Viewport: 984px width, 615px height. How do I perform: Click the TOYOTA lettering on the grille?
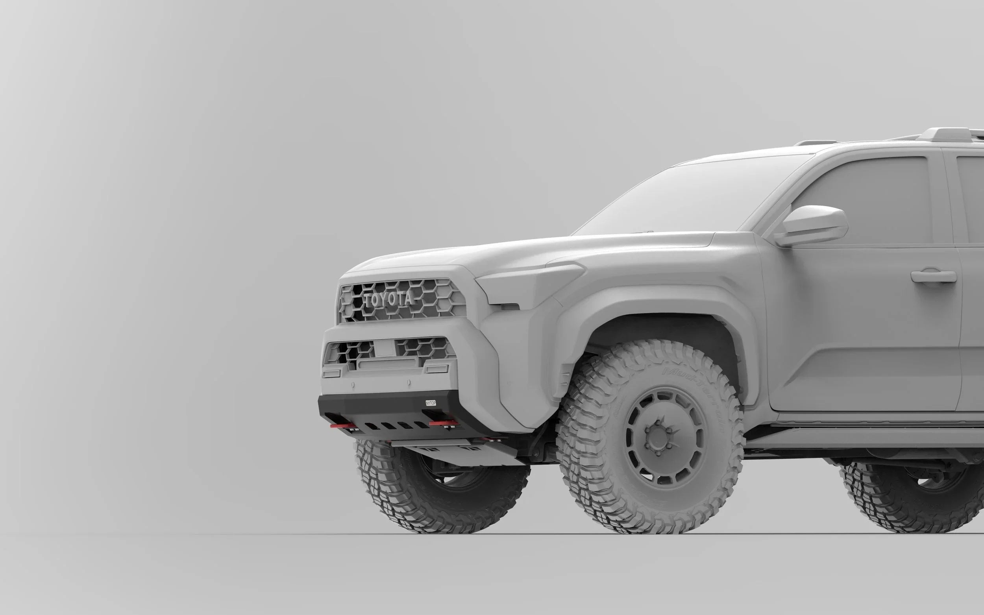pos(388,300)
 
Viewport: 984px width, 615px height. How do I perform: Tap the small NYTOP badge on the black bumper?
pos(430,403)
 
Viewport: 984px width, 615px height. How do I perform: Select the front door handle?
pos(933,276)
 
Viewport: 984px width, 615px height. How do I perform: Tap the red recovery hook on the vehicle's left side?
pos(442,424)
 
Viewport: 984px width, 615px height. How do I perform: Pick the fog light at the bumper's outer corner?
pos(331,373)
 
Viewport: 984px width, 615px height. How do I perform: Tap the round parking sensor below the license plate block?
pos(409,383)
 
